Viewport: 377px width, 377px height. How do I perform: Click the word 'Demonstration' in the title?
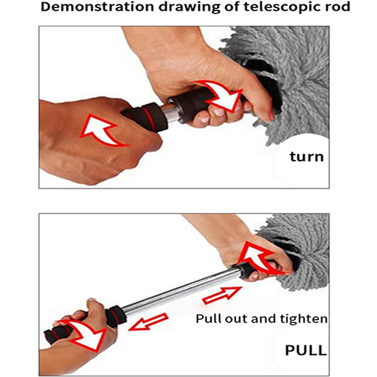pos(97,7)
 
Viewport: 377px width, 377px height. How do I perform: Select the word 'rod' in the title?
pos(337,7)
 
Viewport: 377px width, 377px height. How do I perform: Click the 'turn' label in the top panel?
pos(307,157)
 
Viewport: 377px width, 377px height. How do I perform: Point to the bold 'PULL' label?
pos(306,350)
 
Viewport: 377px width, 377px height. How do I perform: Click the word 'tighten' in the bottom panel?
pos(304,319)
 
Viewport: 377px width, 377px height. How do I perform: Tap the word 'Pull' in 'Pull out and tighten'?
pos(209,318)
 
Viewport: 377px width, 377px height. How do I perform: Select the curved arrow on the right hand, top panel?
pos(221,96)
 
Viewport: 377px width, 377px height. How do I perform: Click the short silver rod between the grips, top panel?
pos(169,113)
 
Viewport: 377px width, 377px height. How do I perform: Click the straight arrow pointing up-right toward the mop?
pos(222,295)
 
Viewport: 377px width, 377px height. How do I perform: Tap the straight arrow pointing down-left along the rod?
pos(149,322)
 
